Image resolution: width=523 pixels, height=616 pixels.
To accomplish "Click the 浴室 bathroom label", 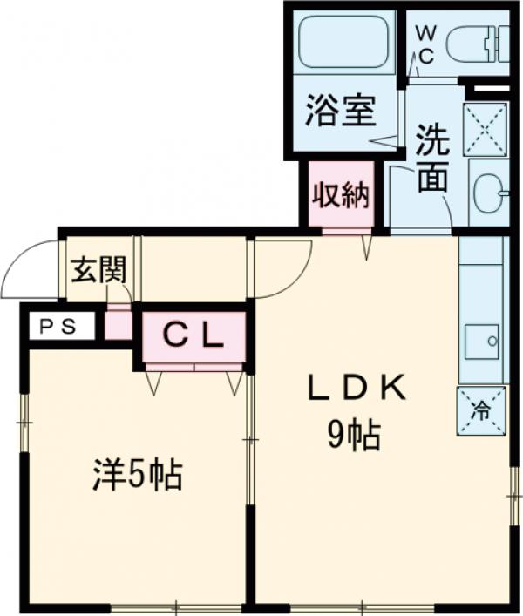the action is (x=340, y=111).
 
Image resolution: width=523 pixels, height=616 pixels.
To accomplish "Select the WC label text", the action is (x=425, y=45).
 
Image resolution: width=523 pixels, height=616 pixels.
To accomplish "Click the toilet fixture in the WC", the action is (x=477, y=44).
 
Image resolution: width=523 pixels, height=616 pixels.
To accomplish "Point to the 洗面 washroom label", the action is (x=432, y=159).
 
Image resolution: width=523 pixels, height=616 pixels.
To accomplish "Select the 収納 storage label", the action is (x=341, y=195).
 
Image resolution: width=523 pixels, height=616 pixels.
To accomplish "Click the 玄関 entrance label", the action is (x=98, y=270).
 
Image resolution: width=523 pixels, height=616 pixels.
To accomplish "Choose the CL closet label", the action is (x=193, y=336).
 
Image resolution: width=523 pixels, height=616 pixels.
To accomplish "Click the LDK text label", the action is (x=356, y=388).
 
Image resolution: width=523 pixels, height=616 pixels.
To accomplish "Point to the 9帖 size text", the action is (x=354, y=435).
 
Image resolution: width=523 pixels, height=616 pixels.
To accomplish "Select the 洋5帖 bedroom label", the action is (x=138, y=476).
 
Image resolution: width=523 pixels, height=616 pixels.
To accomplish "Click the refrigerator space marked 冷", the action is (x=481, y=411).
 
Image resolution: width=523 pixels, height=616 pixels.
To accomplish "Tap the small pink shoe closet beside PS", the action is (x=118, y=325).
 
